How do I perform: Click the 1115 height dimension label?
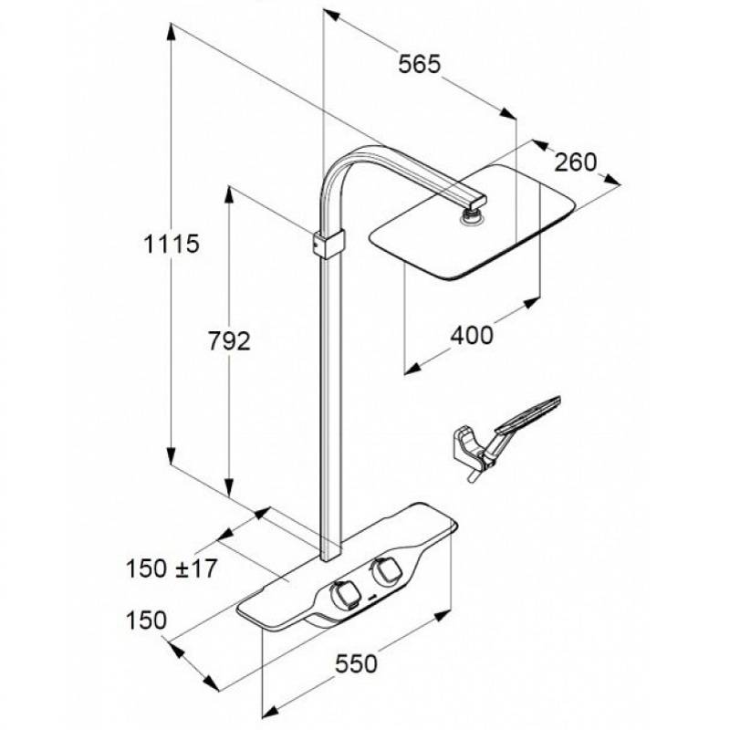tap(172, 244)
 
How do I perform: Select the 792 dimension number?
tap(229, 341)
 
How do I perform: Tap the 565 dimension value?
tap(419, 64)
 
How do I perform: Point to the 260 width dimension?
tap(576, 162)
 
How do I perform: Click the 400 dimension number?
tap(471, 335)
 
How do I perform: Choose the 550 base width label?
tap(356, 664)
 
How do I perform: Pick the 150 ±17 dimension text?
tap(172, 568)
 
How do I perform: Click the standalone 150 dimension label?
tap(146, 620)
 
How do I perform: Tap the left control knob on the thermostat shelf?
tap(344, 595)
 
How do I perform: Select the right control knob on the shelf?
tap(384, 571)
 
